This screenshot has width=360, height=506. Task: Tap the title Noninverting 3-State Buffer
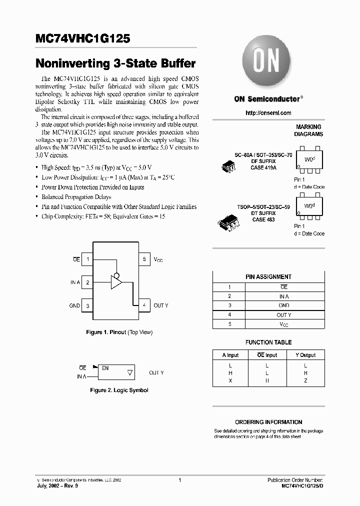[115, 64]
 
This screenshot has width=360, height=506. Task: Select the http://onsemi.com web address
[268, 113]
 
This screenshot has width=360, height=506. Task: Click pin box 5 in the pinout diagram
[144, 259]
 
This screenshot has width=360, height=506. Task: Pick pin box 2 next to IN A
[87, 282]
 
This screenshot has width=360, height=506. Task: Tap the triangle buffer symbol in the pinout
[116, 283]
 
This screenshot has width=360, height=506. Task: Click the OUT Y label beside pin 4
[161, 305]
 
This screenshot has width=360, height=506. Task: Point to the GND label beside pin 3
[74, 305]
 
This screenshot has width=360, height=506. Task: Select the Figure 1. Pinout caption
[119, 332]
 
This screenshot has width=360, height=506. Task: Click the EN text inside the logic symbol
[105, 368]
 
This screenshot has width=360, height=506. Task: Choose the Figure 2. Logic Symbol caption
[119, 390]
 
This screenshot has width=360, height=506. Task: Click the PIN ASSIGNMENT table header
[268, 276]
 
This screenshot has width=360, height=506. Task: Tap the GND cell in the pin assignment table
[284, 305]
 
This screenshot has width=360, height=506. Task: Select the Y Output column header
[305, 355]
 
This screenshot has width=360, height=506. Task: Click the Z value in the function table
[305, 380]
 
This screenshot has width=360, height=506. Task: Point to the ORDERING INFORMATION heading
[268, 422]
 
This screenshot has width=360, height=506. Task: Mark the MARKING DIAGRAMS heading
[308, 130]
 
